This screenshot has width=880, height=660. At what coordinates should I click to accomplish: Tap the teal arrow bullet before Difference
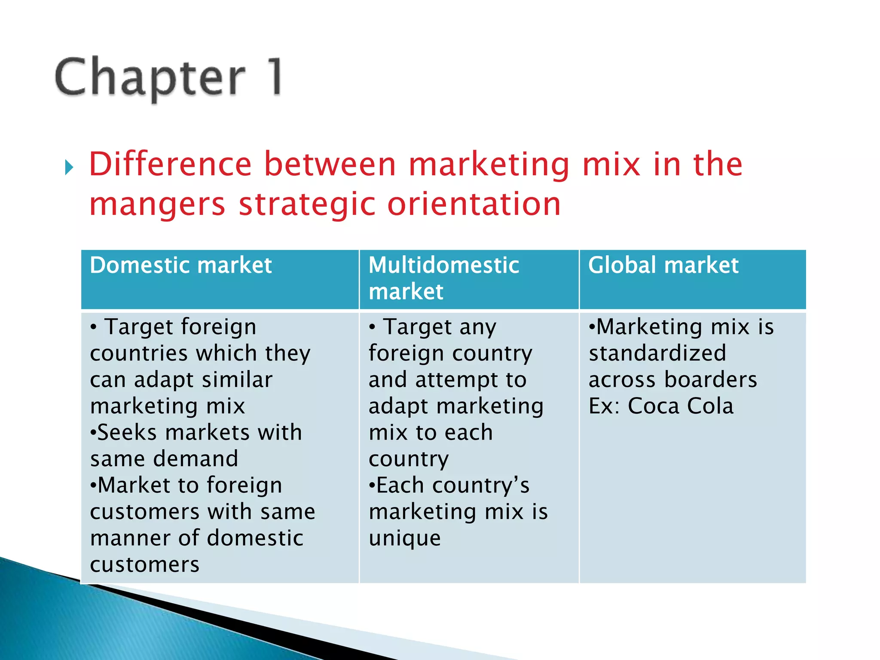coord(69,167)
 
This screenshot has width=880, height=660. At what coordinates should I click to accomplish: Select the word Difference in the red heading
coord(170,164)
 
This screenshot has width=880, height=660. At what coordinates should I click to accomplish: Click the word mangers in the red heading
coord(157,204)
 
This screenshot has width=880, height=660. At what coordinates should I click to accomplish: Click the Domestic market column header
coord(181,265)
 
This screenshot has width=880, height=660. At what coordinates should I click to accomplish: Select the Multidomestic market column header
coord(444,278)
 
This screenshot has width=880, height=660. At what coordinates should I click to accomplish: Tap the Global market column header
coord(663,265)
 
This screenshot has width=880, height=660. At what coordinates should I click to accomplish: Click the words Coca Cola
coord(681,406)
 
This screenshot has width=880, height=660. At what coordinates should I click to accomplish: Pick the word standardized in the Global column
coord(657,353)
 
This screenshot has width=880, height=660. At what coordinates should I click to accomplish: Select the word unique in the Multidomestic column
coord(405,538)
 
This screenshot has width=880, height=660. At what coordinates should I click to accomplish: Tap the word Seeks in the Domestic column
coord(127,433)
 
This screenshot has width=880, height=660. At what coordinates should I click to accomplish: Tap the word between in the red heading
coord(330,164)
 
